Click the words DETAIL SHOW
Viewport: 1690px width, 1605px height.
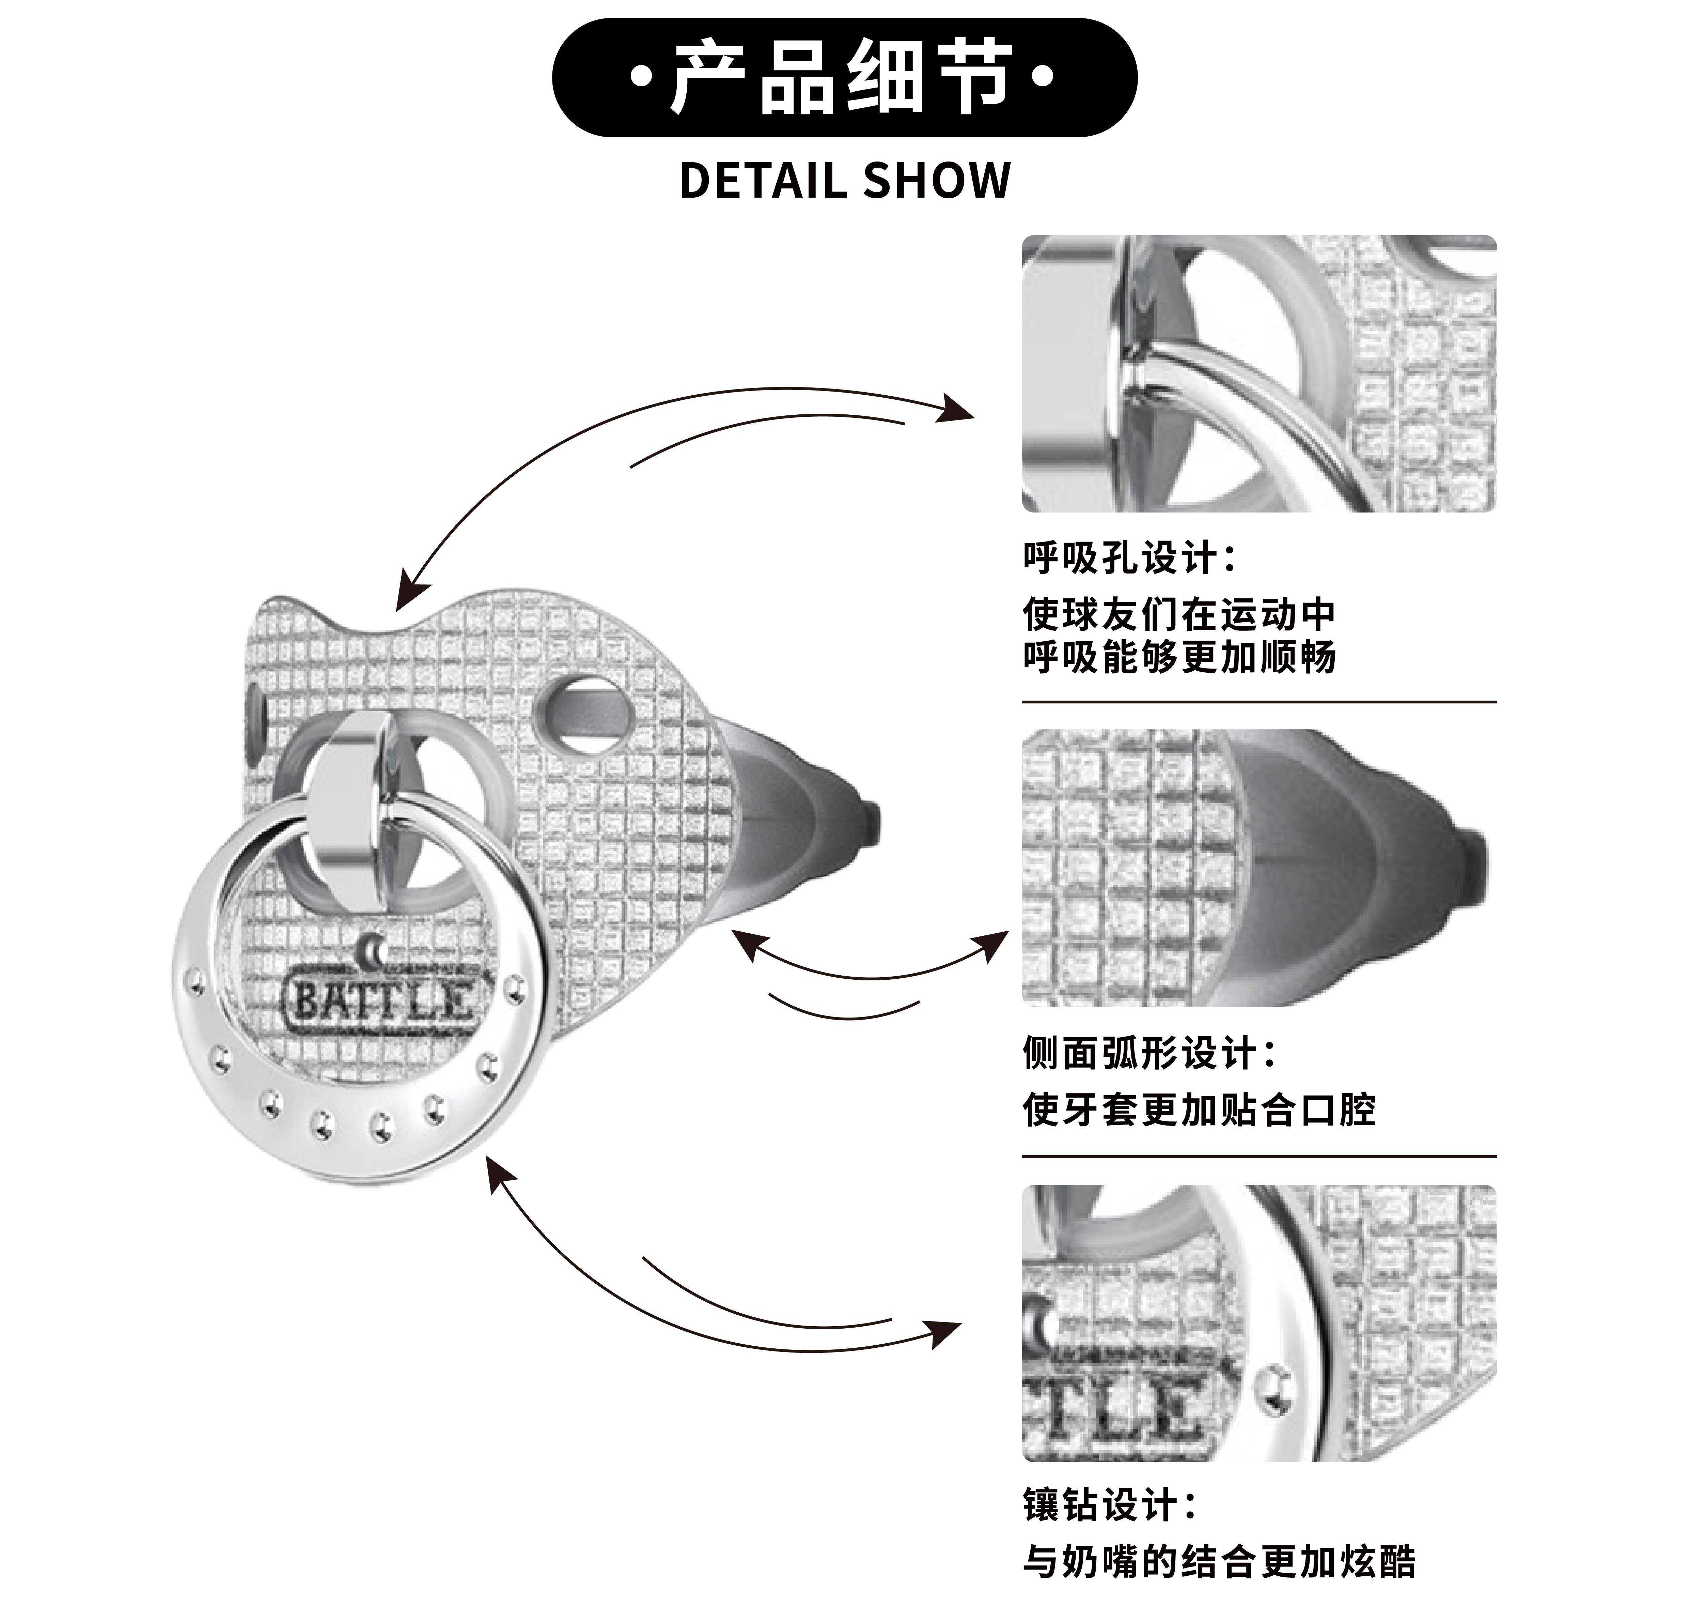point(844,181)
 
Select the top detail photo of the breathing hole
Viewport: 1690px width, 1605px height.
point(1259,374)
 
